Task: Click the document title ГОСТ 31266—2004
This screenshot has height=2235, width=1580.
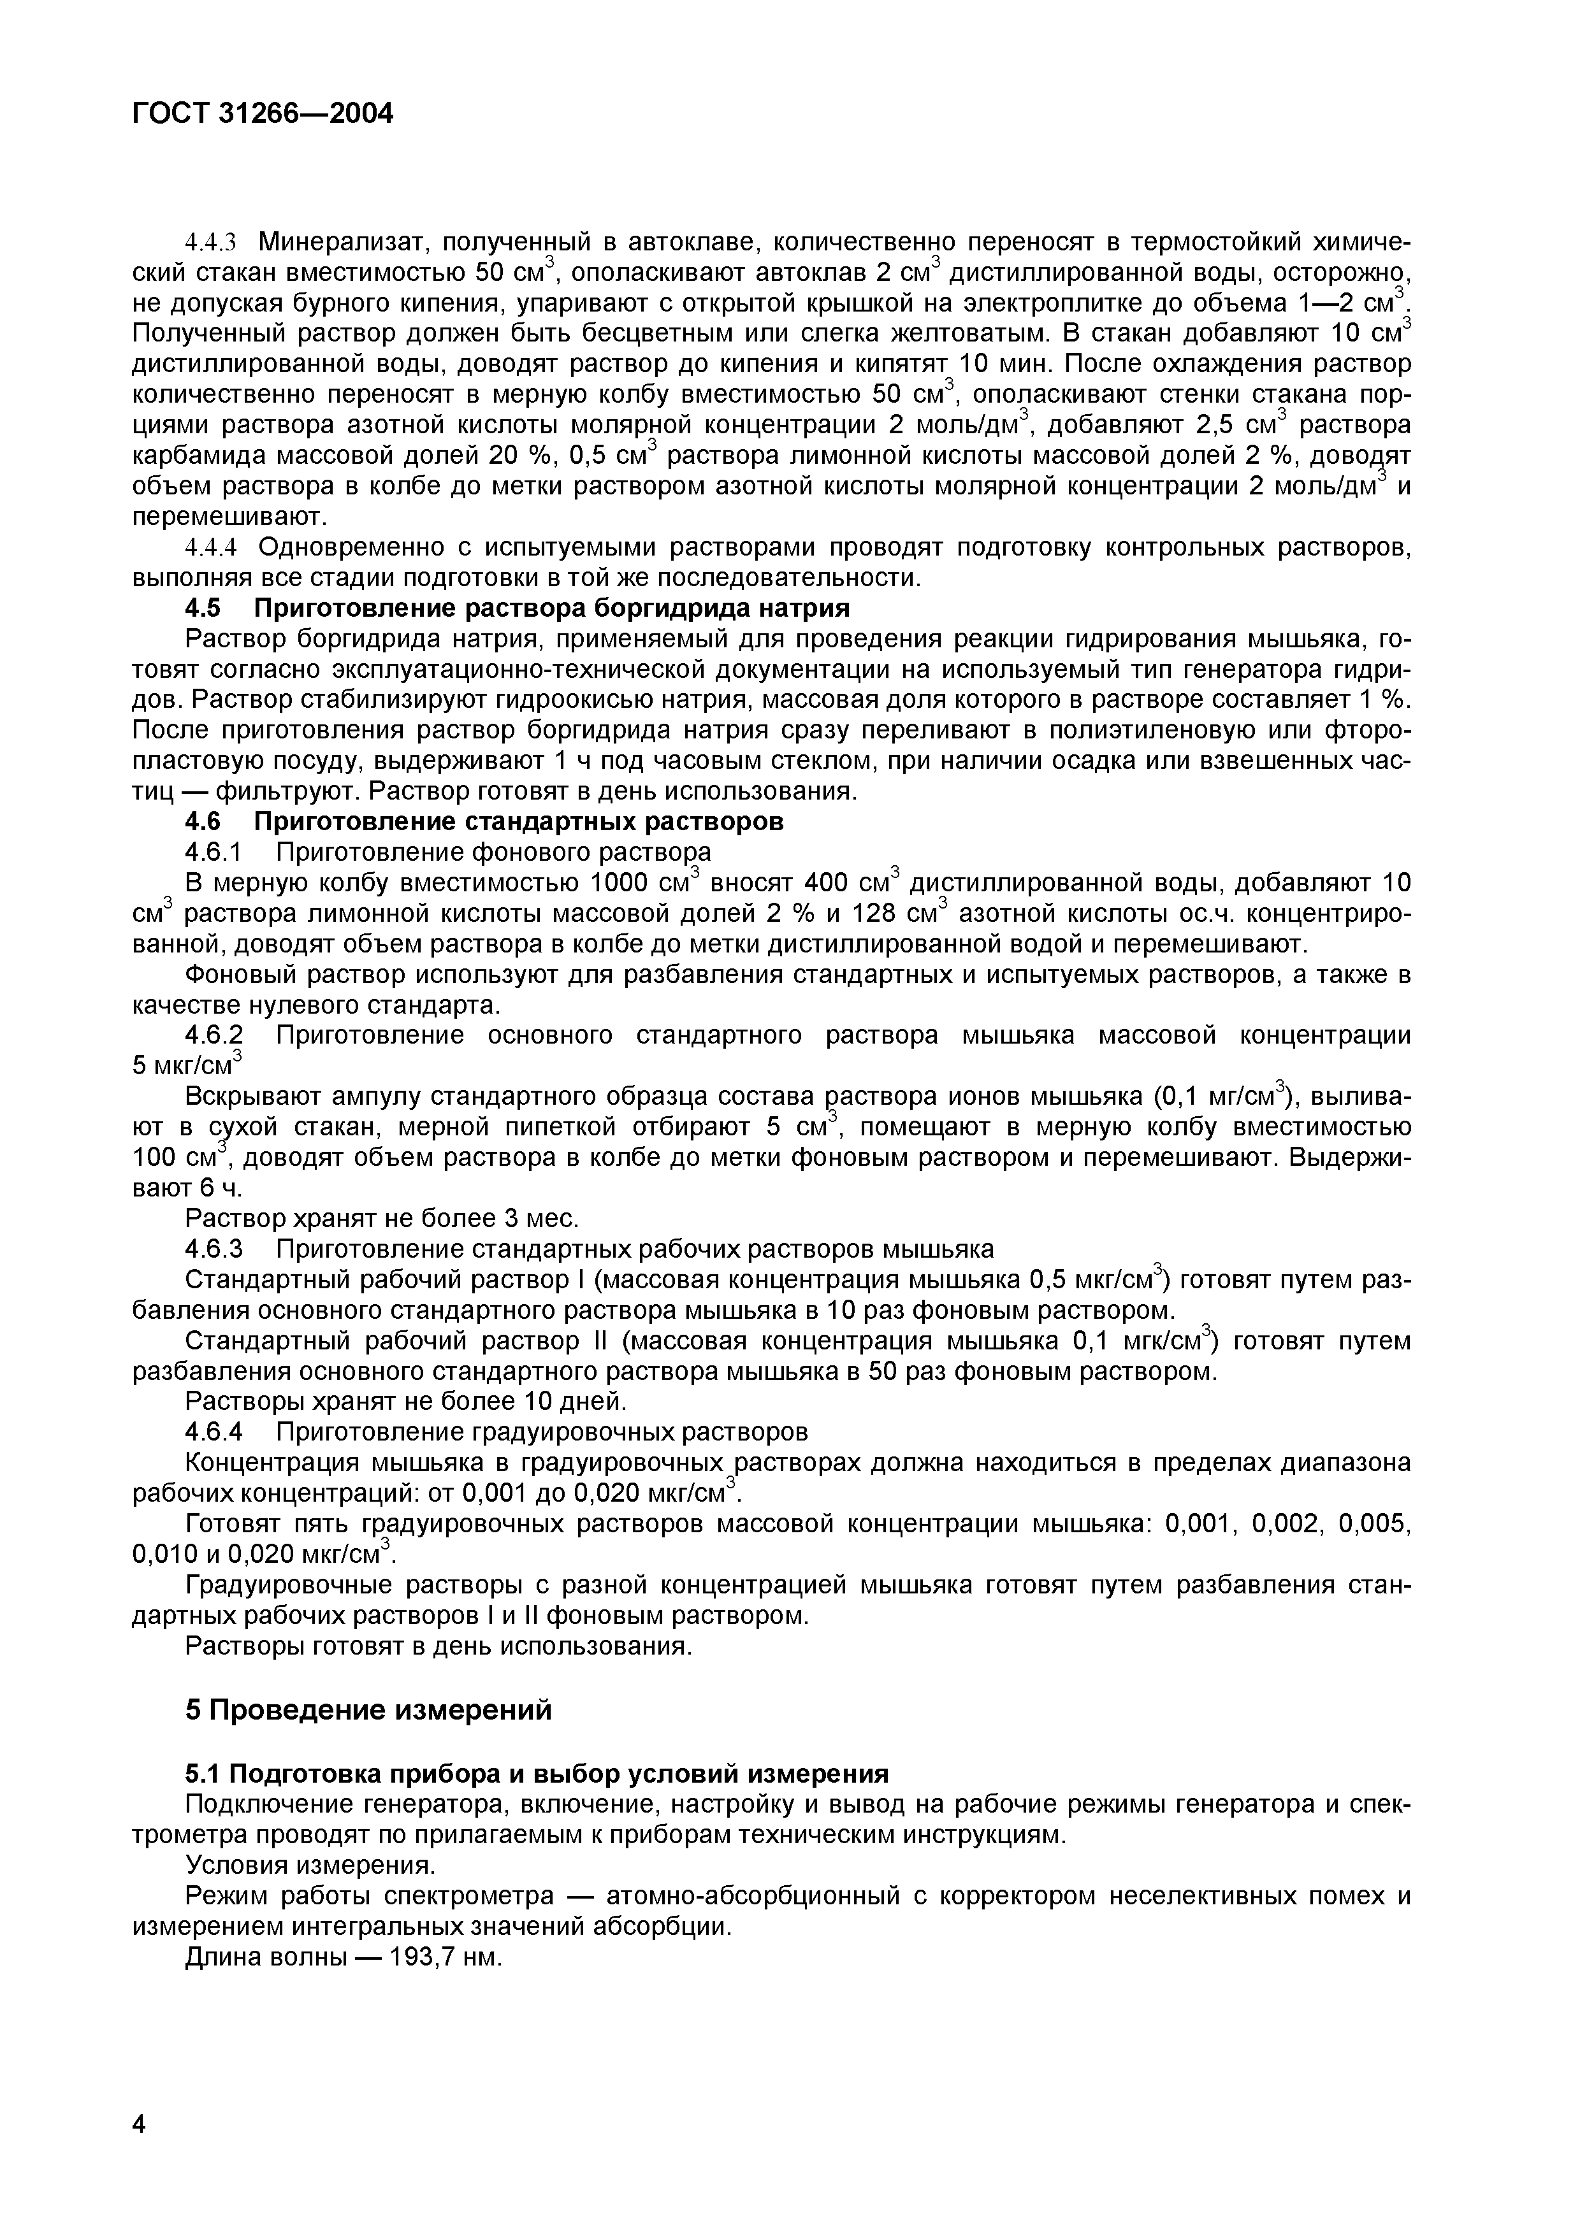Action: [x=263, y=114]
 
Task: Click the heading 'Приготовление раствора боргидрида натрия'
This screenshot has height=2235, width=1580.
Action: [x=551, y=608]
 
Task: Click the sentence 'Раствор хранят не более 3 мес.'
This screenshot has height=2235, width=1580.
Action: [x=382, y=1218]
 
